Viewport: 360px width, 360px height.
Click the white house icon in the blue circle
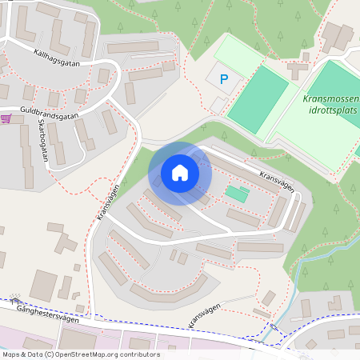[179, 173]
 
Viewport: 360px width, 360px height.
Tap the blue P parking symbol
[224, 79]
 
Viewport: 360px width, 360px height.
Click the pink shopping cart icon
[6, 118]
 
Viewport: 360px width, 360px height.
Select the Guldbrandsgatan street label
[50, 114]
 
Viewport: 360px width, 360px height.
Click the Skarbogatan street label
[42, 142]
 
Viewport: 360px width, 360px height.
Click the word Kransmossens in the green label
[331, 99]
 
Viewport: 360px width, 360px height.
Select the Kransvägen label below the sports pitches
[276, 180]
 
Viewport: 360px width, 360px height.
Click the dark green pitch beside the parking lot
[257, 98]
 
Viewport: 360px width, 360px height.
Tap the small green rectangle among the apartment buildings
[236, 193]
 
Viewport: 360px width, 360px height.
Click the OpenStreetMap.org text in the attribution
[105, 354]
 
